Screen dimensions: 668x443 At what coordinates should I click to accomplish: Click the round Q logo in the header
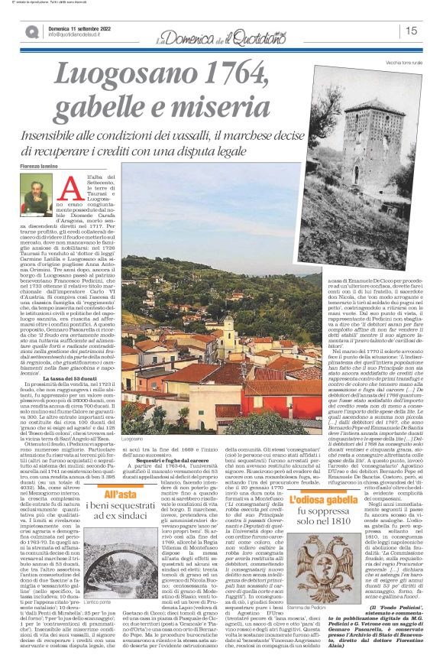pos(32,31)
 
